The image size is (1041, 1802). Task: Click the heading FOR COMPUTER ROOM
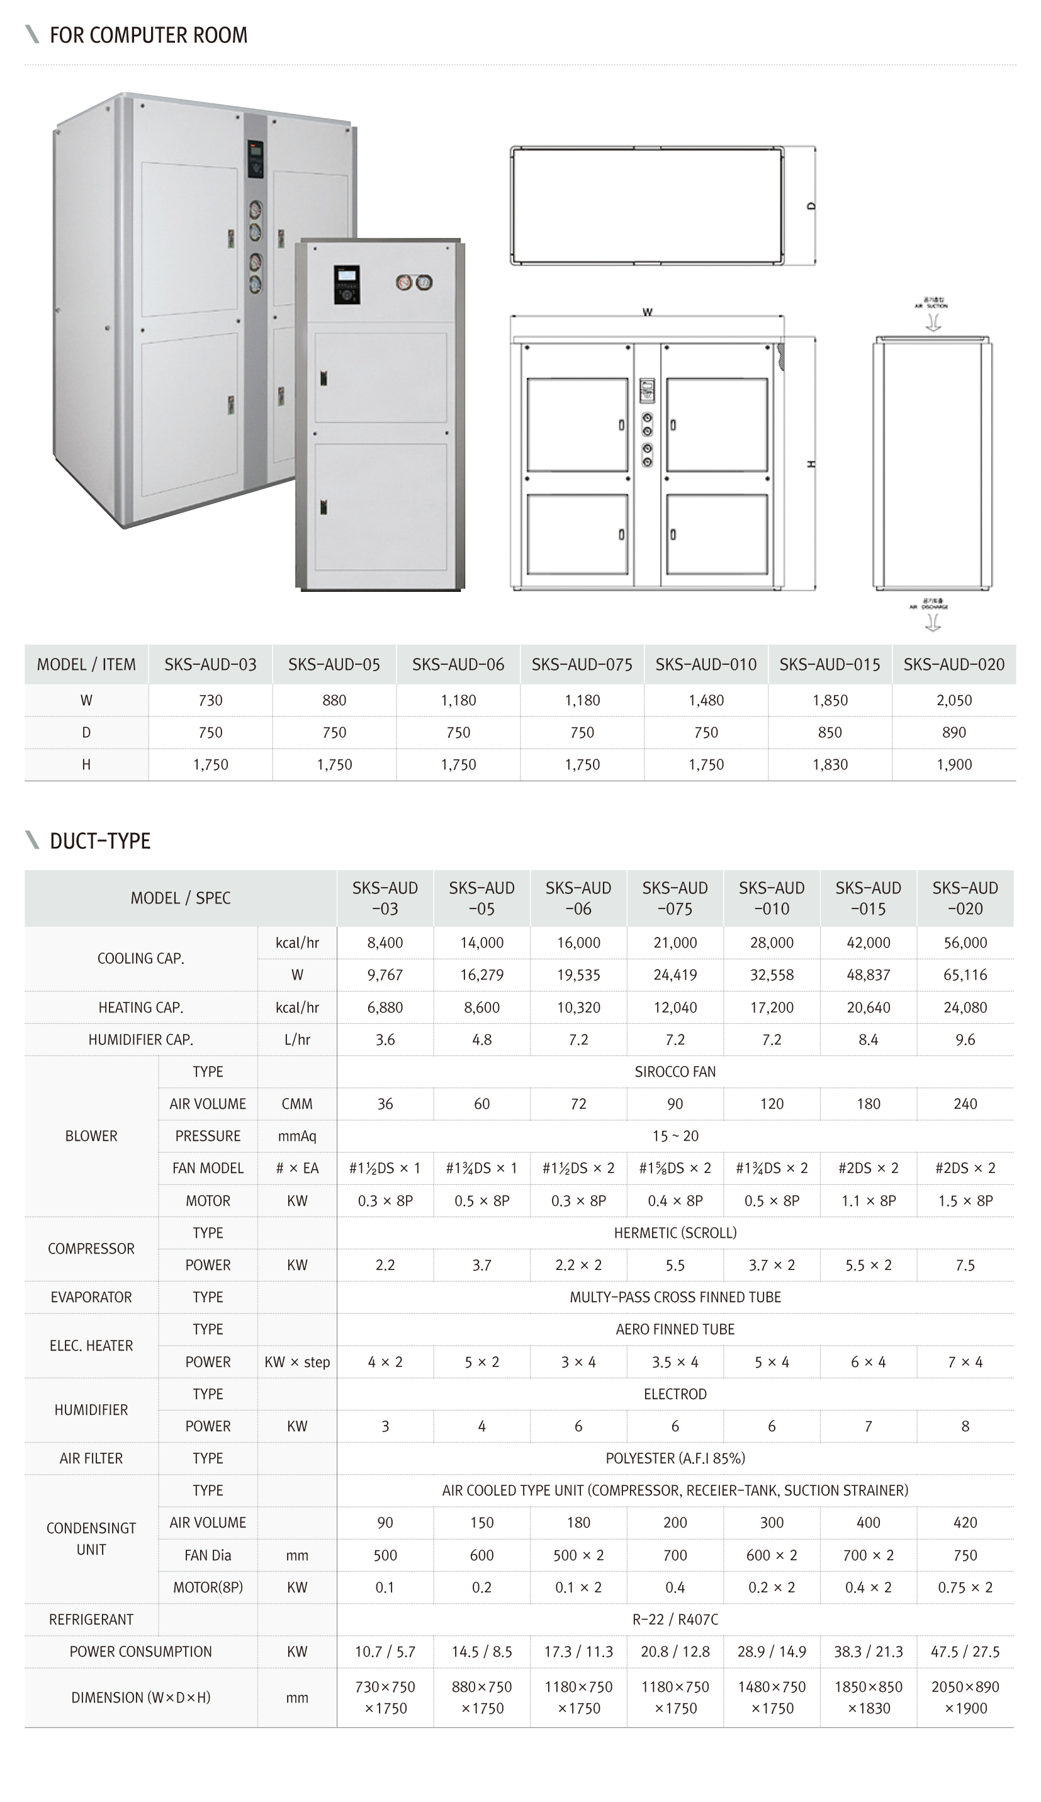pos(148,35)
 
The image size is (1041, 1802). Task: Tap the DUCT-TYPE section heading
pos(100,841)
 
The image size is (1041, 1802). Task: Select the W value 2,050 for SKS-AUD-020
pos(954,700)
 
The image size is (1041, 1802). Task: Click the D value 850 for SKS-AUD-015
pos(830,732)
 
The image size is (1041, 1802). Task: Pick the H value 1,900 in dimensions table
pos(954,764)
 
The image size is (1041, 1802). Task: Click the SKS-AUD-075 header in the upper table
pos(582,664)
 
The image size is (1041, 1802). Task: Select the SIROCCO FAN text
pos(675,1071)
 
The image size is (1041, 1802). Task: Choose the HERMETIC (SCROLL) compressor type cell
pos(675,1233)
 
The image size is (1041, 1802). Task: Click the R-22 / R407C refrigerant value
pos(675,1619)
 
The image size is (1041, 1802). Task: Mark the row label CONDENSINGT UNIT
pos(91,1539)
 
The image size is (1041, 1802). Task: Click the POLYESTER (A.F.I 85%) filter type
pos(675,1458)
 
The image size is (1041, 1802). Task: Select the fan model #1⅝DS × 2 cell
pos(675,1168)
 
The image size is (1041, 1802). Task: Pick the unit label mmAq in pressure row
pos(296,1136)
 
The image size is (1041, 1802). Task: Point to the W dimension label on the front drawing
pos(647,312)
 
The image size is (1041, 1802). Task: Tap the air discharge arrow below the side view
pos(932,623)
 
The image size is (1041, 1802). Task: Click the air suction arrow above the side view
pos(932,322)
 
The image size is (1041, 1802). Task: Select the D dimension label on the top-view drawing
pos(811,206)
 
